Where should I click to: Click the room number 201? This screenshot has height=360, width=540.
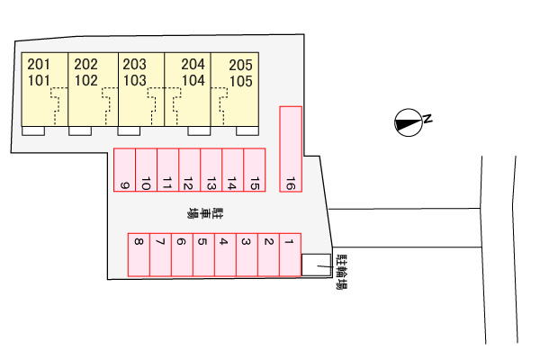pos(39,65)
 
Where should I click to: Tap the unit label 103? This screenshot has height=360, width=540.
pos(135,81)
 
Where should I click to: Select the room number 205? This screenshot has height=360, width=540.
pos(240,65)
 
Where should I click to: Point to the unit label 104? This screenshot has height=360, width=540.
pos(193,81)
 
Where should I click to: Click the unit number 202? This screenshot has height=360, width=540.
pos(85,65)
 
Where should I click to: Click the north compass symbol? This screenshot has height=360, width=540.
pos(408,122)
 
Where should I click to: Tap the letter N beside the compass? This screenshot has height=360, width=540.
pos(427,119)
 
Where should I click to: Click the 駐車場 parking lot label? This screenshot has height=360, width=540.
pos(205,213)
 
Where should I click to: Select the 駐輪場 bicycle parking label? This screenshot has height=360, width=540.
pos(342,272)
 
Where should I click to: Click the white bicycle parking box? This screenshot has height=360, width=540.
pos(316,265)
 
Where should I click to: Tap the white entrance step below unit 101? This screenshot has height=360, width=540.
pos(33,130)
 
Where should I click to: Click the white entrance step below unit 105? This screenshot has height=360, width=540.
pos(247,130)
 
